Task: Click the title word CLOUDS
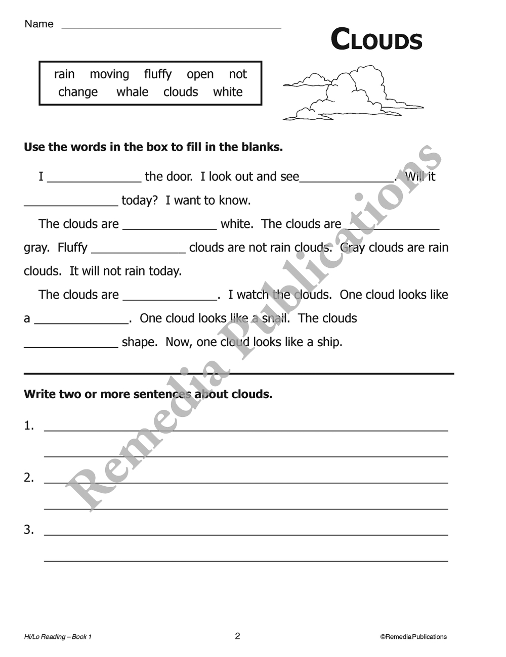click(376, 40)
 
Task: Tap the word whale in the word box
click(132, 92)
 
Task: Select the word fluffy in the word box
click(158, 74)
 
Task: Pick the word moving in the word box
click(109, 74)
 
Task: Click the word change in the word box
click(78, 92)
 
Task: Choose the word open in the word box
click(200, 74)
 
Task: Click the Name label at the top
click(39, 24)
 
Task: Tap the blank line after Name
click(171, 26)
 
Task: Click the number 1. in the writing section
click(29, 426)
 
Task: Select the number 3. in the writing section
click(29, 530)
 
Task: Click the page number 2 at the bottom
click(237, 636)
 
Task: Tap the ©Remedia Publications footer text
click(413, 637)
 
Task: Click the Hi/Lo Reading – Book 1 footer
click(58, 637)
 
